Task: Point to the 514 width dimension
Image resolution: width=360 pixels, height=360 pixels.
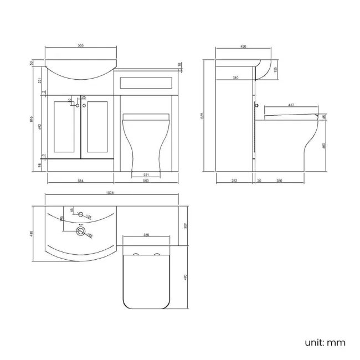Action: click(80, 181)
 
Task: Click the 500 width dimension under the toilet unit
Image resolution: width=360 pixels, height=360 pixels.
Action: click(146, 181)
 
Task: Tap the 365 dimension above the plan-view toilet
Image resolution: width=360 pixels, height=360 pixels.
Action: click(146, 235)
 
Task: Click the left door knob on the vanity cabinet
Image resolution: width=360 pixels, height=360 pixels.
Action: click(78, 105)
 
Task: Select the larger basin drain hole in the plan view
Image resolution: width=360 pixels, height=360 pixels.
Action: click(82, 232)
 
